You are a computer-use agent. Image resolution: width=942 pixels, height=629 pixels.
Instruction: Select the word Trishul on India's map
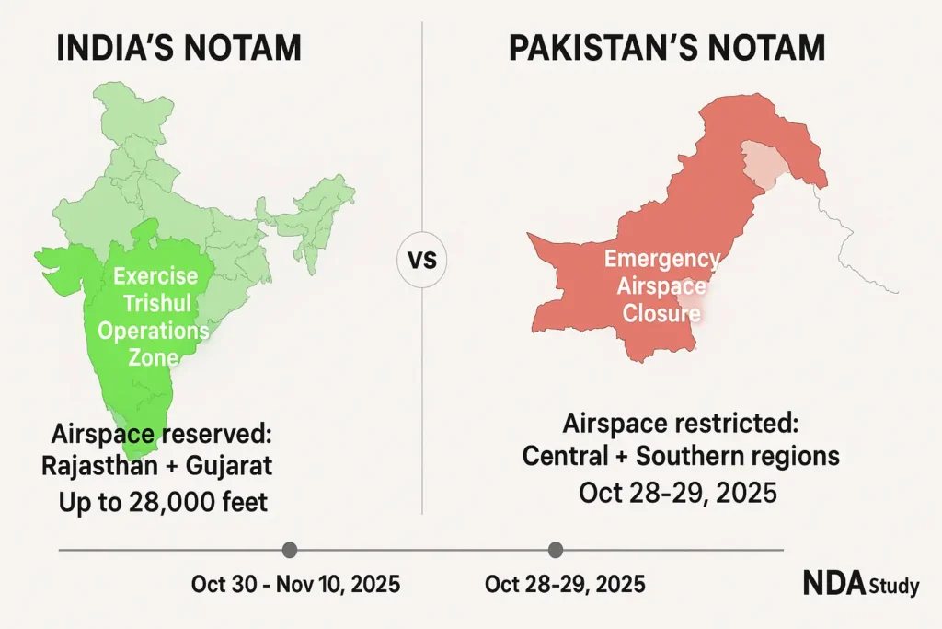(x=154, y=303)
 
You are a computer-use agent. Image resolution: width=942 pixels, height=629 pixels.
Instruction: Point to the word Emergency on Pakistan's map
(x=662, y=259)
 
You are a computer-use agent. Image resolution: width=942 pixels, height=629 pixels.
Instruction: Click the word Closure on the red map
(x=661, y=313)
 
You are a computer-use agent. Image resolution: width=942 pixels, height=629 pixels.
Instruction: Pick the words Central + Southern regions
(x=680, y=456)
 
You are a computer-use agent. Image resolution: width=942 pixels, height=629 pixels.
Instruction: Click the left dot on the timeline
(x=290, y=551)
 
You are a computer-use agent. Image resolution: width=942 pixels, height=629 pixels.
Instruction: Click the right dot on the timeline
(x=555, y=551)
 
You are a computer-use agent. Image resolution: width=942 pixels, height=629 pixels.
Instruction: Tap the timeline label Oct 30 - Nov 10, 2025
(x=295, y=585)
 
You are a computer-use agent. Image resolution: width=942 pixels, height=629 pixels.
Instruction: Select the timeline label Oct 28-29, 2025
(x=565, y=585)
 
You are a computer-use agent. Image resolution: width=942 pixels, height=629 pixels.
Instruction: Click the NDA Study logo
(x=860, y=584)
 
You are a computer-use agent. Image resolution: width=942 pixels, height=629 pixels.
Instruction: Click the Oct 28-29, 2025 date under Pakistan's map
(x=678, y=493)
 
